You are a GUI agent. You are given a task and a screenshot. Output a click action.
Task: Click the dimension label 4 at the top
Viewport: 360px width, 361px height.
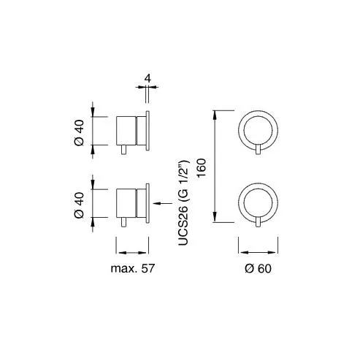tap(148, 78)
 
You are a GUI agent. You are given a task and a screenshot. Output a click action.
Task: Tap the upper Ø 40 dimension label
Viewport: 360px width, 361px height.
tap(79, 133)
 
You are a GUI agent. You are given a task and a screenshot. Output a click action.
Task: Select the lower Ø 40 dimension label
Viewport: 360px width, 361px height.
tap(79, 205)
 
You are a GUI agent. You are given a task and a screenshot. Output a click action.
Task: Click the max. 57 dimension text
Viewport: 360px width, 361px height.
tap(133, 268)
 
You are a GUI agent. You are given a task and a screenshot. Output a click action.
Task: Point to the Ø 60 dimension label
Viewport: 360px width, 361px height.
tap(258, 268)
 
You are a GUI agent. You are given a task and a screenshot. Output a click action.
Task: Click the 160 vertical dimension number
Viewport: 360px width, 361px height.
tap(202, 168)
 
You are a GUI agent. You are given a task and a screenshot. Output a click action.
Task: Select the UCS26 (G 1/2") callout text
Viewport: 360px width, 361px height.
tap(183, 202)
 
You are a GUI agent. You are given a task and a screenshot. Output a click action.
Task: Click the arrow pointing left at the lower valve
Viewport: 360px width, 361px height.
tap(163, 203)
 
